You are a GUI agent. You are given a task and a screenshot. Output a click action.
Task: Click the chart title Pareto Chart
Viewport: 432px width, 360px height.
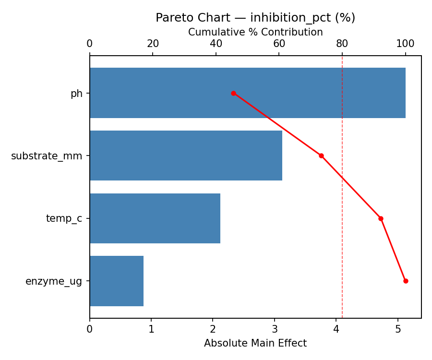tap(255, 18)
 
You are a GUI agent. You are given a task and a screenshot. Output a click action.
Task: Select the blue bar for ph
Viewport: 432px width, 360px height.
tap(247, 93)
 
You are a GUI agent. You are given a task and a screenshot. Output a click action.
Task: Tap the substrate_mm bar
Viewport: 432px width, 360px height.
tap(186, 156)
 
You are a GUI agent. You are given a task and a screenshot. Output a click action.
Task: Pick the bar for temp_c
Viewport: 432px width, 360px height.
tap(155, 218)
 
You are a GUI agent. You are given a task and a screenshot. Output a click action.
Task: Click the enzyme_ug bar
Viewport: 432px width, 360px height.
tap(117, 281)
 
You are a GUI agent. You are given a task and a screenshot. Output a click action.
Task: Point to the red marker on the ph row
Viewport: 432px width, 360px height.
tap(233, 93)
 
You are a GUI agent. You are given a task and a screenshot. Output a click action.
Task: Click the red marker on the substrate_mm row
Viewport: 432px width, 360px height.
tap(321, 156)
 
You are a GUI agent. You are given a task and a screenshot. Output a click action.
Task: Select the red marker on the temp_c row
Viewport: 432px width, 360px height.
tap(381, 218)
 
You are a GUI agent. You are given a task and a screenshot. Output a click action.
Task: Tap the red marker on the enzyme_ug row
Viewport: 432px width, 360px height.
tap(406, 281)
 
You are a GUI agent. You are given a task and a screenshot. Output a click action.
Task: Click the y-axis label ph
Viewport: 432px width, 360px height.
tap(76, 94)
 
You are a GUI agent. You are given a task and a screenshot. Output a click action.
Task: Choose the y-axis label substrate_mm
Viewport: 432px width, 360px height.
tap(47, 156)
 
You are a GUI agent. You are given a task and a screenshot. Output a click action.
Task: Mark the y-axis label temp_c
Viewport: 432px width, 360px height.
tap(64, 219)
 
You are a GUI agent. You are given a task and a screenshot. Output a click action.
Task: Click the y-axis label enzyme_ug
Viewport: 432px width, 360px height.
tap(54, 281)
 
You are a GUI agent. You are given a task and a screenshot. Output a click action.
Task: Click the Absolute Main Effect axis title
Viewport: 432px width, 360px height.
tap(255, 343)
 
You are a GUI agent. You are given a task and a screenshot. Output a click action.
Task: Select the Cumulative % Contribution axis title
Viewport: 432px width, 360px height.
tap(255, 32)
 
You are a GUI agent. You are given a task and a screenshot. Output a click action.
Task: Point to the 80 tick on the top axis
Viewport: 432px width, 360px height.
tap(342, 44)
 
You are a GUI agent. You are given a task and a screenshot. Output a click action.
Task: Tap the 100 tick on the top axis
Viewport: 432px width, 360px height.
tap(405, 44)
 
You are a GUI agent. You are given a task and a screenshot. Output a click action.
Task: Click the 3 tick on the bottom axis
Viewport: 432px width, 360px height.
tap(275, 329)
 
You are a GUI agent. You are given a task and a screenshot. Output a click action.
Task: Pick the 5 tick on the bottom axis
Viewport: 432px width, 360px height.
tap(398, 329)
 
